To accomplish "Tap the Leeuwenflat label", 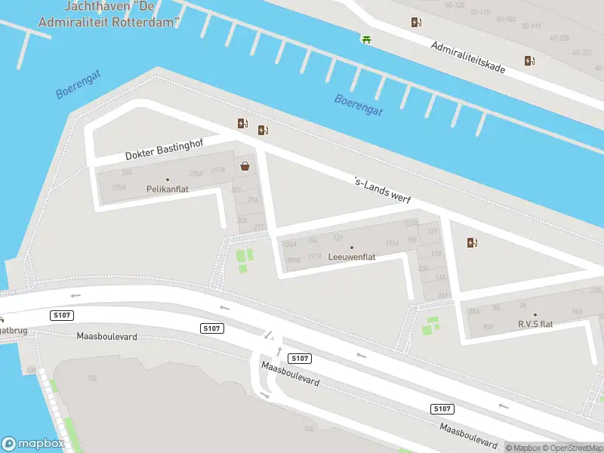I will point(352,257).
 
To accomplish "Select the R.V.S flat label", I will point(535,324).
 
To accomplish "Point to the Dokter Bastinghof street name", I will point(165,149).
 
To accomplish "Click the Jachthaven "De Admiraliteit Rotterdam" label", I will point(122,14).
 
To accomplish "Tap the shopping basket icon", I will point(245,167).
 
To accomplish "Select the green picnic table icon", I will point(366,39).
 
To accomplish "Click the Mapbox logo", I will point(33,444).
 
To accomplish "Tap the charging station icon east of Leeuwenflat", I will point(473,242).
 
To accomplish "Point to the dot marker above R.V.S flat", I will point(535,315).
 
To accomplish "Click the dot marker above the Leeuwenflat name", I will point(352,247).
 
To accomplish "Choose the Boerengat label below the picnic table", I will point(359,105).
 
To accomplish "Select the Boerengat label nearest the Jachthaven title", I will point(78,84).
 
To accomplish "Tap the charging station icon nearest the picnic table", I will point(416,22).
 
